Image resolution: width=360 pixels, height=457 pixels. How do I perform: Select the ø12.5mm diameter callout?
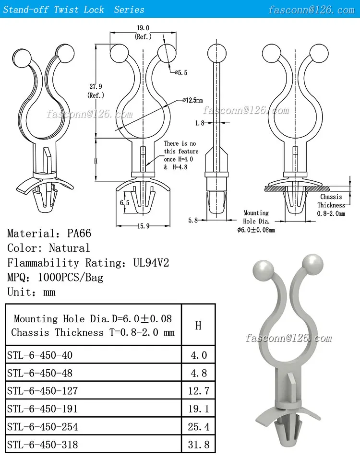(x=192, y=100)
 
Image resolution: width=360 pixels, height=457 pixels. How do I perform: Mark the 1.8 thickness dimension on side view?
(x=200, y=123)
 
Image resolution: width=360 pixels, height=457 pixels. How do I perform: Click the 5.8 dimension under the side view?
(x=192, y=220)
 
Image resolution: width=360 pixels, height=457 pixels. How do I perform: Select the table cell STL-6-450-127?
(x=43, y=390)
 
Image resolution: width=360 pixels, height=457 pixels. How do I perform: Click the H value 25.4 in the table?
(x=198, y=426)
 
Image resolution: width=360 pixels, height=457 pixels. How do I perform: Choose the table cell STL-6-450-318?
(x=43, y=445)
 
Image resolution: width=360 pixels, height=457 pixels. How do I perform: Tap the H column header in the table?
(x=198, y=326)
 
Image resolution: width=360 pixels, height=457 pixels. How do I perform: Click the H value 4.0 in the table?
(x=198, y=355)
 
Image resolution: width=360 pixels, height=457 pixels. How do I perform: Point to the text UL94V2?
(x=151, y=263)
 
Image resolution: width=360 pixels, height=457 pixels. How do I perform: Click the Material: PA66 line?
(x=49, y=234)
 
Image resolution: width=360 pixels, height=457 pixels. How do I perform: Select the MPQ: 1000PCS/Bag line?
(x=55, y=277)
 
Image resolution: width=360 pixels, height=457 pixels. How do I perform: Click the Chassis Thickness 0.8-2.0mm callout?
(x=331, y=205)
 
